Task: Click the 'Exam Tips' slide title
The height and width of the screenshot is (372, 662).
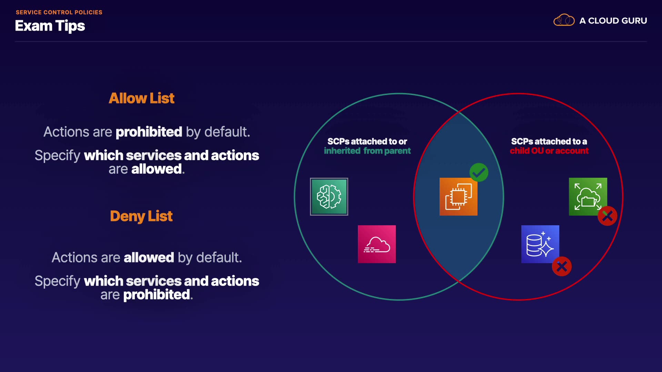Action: click(50, 26)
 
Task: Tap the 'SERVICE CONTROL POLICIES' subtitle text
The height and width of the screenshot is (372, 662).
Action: click(59, 12)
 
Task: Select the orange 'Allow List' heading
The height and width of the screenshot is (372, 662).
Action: click(141, 98)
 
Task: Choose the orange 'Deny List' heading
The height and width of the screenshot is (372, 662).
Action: click(141, 216)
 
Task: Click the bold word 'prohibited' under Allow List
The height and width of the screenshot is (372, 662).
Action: click(149, 132)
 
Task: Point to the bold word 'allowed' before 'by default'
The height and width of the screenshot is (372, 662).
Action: click(149, 258)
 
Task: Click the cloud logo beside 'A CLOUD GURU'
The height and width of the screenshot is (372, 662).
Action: click(564, 20)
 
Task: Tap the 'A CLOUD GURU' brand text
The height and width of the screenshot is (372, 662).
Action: click(613, 21)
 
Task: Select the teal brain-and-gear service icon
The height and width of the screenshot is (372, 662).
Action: click(329, 197)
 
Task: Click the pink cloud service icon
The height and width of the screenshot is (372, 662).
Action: click(377, 244)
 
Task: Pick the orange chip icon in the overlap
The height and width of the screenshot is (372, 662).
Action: click(458, 197)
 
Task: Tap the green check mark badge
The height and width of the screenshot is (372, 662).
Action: click(479, 172)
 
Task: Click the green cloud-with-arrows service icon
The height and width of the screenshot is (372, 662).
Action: click(588, 196)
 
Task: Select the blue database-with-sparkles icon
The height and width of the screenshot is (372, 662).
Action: click(540, 244)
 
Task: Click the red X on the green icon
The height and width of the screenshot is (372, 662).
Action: click(608, 216)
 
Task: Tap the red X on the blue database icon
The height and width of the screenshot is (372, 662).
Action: click(562, 266)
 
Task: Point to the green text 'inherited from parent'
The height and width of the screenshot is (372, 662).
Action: click(367, 151)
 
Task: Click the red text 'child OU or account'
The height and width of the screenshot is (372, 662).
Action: click(549, 151)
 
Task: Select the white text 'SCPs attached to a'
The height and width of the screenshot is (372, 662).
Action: click(549, 141)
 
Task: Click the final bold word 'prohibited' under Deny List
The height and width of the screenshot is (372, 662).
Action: click(157, 295)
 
